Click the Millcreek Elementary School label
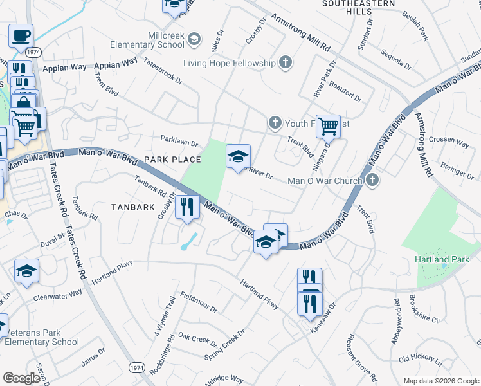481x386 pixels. pos(147,40)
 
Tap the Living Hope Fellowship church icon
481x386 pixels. pos(286,62)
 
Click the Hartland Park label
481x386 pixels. pos(440,259)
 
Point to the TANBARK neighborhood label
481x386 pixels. pos(133,207)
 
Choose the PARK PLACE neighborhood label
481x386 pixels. pos(172,159)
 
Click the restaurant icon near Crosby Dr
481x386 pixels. pos(187,207)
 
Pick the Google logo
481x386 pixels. pos(21,378)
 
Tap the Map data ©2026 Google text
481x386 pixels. pos(440,381)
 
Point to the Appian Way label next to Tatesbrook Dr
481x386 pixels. pos(116,64)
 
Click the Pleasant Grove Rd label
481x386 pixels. pos(362,356)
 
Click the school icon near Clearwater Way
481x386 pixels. pos(27,270)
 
